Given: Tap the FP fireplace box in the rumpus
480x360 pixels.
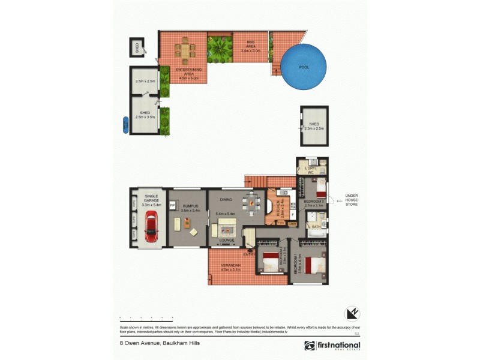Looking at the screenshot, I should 172,204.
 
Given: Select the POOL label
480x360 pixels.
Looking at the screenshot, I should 304,67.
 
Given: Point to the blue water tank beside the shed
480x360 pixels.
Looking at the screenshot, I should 125,125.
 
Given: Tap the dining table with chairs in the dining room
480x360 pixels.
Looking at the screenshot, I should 252,202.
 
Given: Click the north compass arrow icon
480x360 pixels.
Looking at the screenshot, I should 352,313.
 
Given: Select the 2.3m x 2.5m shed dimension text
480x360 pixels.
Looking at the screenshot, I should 314,128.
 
